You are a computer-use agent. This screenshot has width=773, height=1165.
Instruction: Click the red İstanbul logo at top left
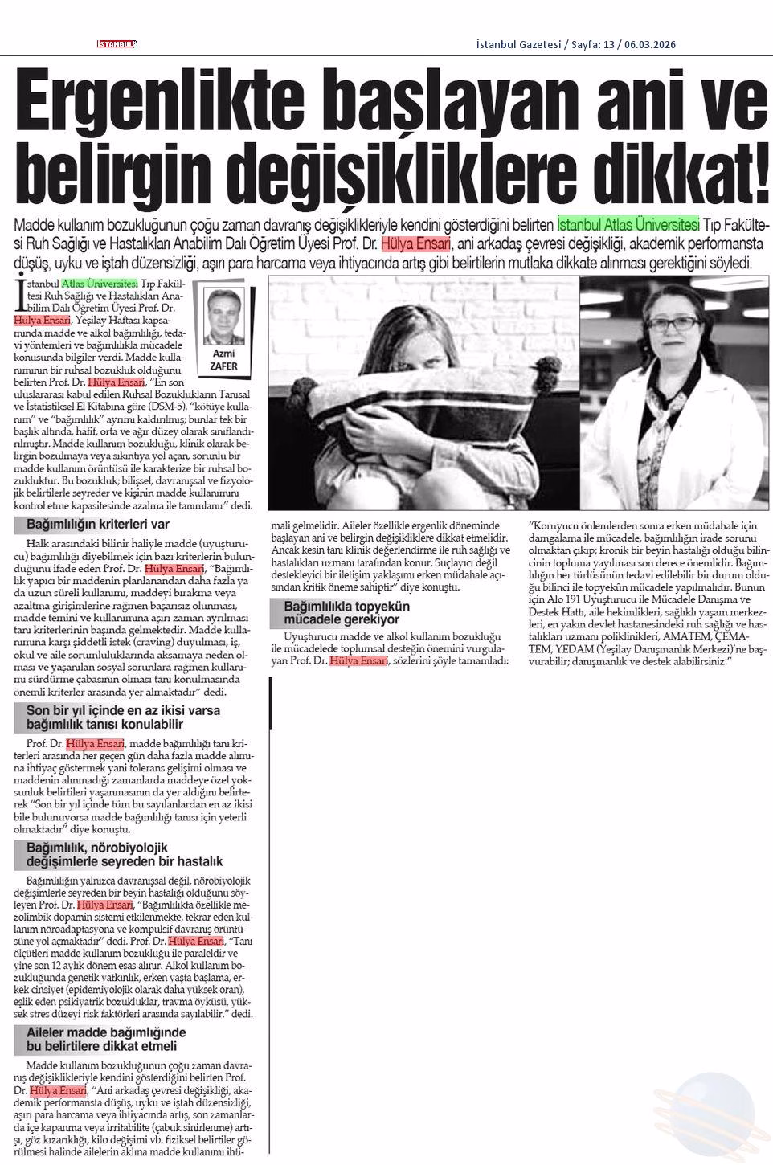click(x=117, y=44)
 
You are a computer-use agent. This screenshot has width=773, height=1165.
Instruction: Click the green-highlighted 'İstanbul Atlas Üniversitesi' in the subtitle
click(x=628, y=223)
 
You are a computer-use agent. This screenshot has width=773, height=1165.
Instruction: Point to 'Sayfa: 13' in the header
click(x=592, y=44)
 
